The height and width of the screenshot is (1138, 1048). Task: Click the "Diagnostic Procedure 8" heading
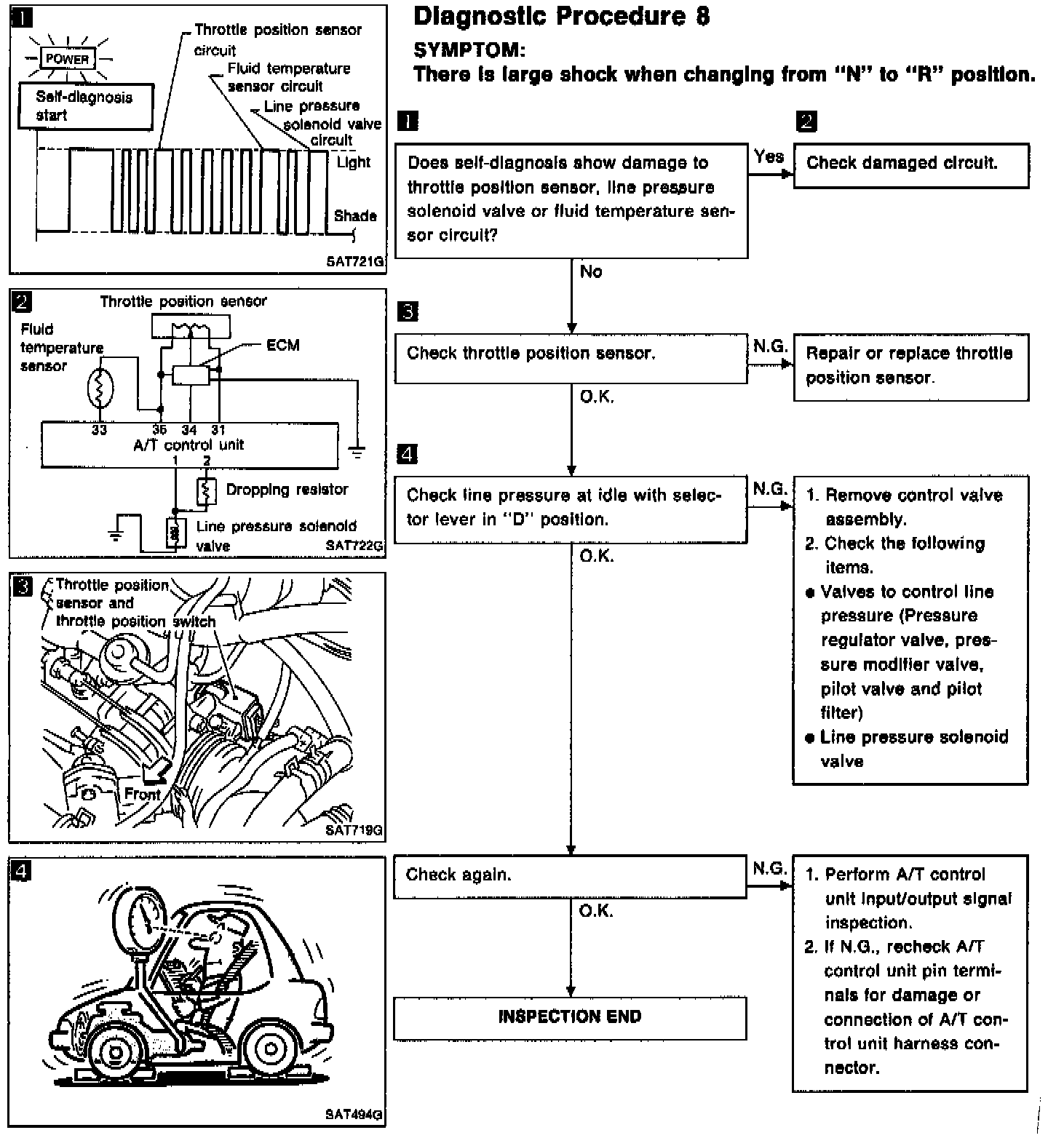561,16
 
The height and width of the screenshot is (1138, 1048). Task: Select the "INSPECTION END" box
570,1017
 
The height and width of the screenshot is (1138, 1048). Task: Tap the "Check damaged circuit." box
910,165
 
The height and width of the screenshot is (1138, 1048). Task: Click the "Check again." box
570,875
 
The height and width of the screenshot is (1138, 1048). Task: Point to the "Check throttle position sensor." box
571,357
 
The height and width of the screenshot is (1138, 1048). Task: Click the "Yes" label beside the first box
769,156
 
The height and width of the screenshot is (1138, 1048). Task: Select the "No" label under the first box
591,272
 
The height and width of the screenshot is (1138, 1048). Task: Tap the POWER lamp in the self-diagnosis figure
67,59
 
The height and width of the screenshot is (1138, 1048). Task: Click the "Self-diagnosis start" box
84,106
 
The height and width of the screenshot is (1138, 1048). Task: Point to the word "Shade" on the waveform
355,216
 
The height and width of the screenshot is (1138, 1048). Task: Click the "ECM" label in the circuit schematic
283,345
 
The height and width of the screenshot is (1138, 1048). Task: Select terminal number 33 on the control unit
99,430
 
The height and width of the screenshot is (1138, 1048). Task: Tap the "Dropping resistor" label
287,490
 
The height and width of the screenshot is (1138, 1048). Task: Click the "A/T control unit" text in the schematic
188,445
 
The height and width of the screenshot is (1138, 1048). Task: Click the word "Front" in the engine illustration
141,794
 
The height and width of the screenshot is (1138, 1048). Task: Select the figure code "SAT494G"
354,1114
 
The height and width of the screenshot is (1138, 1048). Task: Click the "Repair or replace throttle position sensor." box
910,366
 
